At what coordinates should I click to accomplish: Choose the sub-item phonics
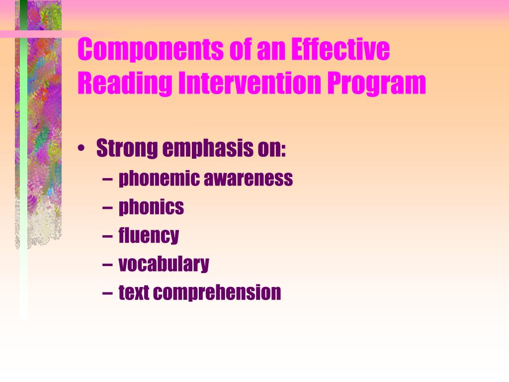151,207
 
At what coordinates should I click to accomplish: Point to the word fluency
149,235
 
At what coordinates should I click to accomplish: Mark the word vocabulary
164,264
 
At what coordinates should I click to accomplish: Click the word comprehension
217,292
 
